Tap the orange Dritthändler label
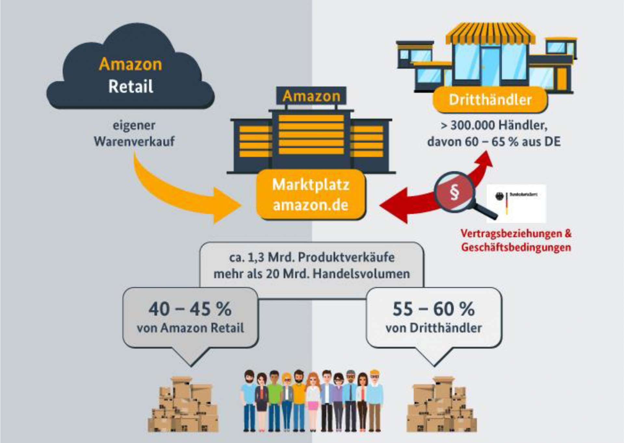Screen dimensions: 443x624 coord(490,100)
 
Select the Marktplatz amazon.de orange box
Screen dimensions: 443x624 coord(311,195)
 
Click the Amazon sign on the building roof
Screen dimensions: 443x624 coord(311,96)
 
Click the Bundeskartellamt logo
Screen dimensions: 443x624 coord(516,203)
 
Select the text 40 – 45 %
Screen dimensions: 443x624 coord(190,309)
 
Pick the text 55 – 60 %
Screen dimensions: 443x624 coord(434,309)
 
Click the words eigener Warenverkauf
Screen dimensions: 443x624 coord(134,133)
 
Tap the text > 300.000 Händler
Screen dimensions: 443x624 coord(494,125)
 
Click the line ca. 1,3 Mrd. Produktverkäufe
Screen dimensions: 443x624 coord(312,257)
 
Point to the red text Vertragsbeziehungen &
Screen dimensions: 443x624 coord(516,233)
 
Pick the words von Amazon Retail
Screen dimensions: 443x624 coord(190,328)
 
